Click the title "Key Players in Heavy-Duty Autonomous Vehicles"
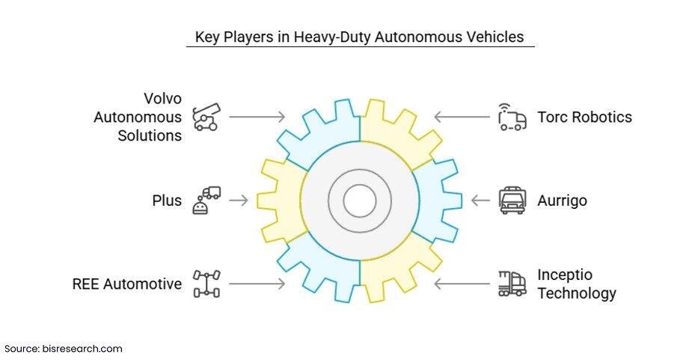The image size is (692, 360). point(360,36)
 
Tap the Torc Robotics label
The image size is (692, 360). point(584,117)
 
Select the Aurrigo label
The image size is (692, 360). point(563,201)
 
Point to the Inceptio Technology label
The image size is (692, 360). point(577,284)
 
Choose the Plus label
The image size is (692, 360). point(168,201)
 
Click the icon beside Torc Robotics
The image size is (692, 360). point(512,118)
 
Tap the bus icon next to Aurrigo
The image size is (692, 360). point(512,201)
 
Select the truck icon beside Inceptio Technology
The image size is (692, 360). point(512,284)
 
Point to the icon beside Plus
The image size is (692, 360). point(206,201)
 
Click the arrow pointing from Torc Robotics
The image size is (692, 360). point(462,117)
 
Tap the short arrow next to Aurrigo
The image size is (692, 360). point(480,201)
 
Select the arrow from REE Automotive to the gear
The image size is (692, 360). point(257,284)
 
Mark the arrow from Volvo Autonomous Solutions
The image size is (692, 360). point(257,117)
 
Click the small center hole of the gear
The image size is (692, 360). point(360,201)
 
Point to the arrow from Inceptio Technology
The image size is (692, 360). point(462,284)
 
